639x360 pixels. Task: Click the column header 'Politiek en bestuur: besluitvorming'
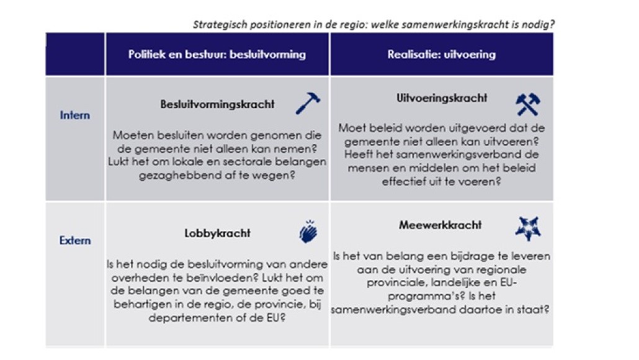(x=217, y=55)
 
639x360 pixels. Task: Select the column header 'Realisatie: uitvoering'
(x=442, y=55)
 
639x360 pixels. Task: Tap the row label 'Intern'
(x=75, y=115)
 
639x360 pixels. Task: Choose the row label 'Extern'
(x=75, y=240)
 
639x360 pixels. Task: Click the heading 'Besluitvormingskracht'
(x=217, y=104)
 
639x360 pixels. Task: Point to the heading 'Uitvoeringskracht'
(x=442, y=98)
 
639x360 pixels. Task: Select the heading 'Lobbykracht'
(x=217, y=233)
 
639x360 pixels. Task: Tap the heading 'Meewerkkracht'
(x=440, y=225)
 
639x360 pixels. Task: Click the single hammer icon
(x=307, y=103)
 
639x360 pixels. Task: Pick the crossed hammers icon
(x=528, y=105)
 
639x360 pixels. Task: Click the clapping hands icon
(x=308, y=233)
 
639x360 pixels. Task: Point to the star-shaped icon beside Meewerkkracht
(x=528, y=228)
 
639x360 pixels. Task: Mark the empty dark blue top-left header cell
(x=75, y=55)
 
